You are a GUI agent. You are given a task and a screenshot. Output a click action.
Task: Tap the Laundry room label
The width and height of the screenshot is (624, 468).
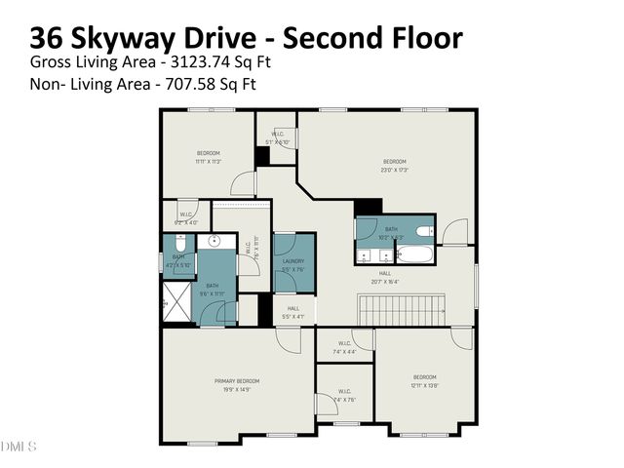coord(293,261)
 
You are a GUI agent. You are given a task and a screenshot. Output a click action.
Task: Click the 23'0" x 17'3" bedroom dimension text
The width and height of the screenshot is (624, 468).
coord(394,171)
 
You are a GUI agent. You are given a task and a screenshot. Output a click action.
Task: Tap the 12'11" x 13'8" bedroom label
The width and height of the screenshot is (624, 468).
coord(423,377)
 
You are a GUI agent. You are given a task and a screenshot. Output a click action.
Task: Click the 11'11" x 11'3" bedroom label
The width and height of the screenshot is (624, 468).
coord(209,153)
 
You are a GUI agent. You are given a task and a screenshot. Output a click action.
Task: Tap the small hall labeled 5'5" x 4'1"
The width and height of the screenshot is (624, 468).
coord(293,312)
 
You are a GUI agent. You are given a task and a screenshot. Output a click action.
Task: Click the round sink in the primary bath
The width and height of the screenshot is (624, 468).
coord(217,242)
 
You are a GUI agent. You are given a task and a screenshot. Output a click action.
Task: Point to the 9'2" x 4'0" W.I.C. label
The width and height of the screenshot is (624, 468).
coord(185,216)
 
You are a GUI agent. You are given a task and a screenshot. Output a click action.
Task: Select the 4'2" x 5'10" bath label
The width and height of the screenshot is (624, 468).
coord(179,261)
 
